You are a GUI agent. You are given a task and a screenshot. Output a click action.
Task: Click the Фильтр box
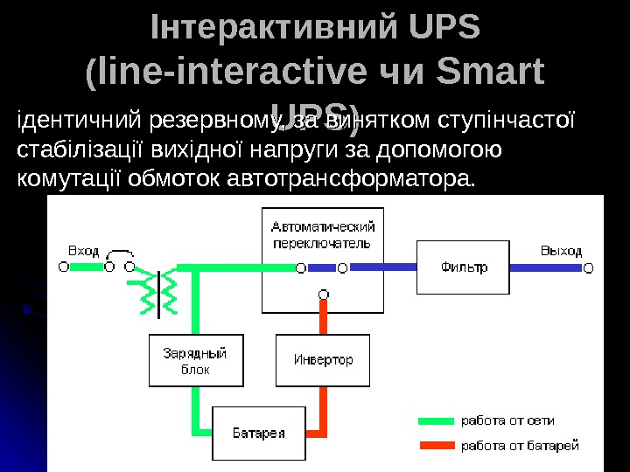click(x=464, y=267)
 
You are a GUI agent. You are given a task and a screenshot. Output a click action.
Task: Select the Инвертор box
click(x=323, y=359)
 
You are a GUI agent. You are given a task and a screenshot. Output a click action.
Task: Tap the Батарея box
click(x=259, y=434)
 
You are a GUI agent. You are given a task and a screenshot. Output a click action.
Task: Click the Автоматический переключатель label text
click(x=323, y=234)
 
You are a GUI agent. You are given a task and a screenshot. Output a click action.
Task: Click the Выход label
click(x=560, y=251)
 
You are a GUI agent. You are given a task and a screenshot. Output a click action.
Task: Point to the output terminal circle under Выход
click(x=588, y=267)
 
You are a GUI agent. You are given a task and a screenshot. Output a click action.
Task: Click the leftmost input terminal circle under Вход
click(x=64, y=267)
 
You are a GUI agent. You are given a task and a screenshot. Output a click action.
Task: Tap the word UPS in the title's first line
click(x=444, y=28)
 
